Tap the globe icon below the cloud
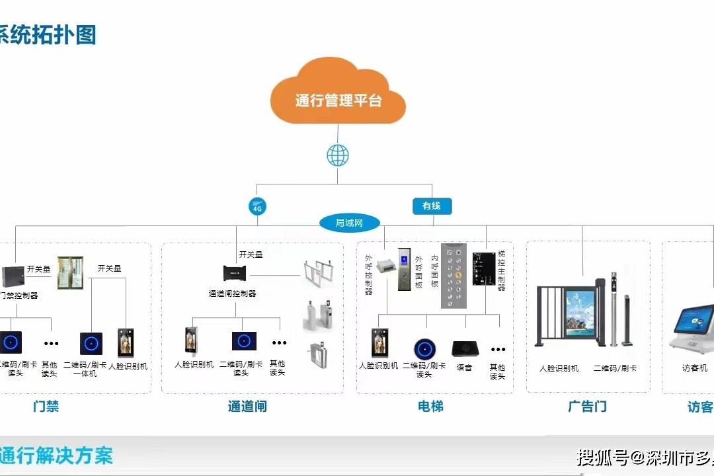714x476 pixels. click(x=338, y=156)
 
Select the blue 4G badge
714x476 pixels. click(x=257, y=207)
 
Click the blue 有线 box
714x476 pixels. click(x=431, y=206)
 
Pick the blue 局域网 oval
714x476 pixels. click(x=350, y=223)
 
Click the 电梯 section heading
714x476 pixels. click(x=430, y=407)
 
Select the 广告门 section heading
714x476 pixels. click(x=587, y=407)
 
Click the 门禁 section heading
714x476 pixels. click(x=46, y=407)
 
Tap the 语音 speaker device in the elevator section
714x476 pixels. click(x=464, y=348)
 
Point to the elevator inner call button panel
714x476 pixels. click(x=454, y=276)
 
